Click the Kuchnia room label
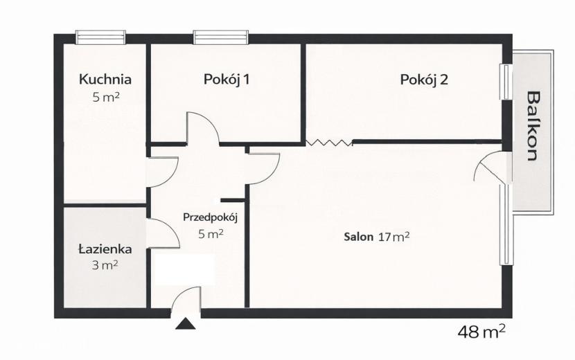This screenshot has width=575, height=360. click(105, 79)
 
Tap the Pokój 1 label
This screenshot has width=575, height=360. click(227, 79)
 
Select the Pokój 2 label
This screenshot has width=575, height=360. click(424, 80)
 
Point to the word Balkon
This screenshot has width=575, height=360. click(533, 126)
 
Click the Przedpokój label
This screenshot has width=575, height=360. click(211, 218)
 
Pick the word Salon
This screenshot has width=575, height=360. click(359, 237)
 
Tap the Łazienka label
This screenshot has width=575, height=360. click(105, 249)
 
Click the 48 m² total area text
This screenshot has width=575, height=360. click(481, 332)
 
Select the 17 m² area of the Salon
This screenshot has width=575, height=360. click(393, 237)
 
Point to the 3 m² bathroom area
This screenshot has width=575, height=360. click(105, 265)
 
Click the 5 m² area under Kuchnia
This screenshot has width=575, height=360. click(105, 97)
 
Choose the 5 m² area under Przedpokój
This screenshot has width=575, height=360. click(211, 234)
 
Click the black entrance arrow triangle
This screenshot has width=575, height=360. click(186, 324)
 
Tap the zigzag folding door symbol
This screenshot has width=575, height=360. click(329, 143)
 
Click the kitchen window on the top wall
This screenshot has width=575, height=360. click(100, 37)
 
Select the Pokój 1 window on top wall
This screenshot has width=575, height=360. click(221, 37)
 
